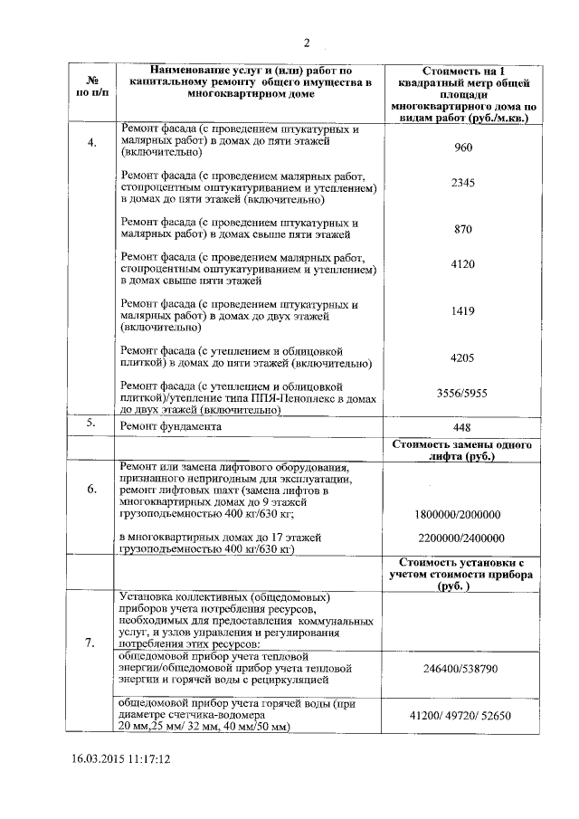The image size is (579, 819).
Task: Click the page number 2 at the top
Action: pos(307,43)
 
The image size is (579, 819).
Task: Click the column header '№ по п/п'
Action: pos(91,86)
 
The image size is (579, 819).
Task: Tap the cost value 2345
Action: pos(463,183)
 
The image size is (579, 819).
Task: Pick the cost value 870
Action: pos(463,229)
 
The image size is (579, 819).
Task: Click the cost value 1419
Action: pos(463,310)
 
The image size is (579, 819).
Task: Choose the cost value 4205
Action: pos(463,357)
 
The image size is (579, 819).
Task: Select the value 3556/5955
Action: pos(463,396)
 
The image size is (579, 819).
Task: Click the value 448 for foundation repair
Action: pos(463,426)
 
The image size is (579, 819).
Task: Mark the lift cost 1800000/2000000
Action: pos(458,514)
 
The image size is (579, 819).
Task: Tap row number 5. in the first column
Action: pos(91,423)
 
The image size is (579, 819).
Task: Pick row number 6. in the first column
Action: pos(91,490)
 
